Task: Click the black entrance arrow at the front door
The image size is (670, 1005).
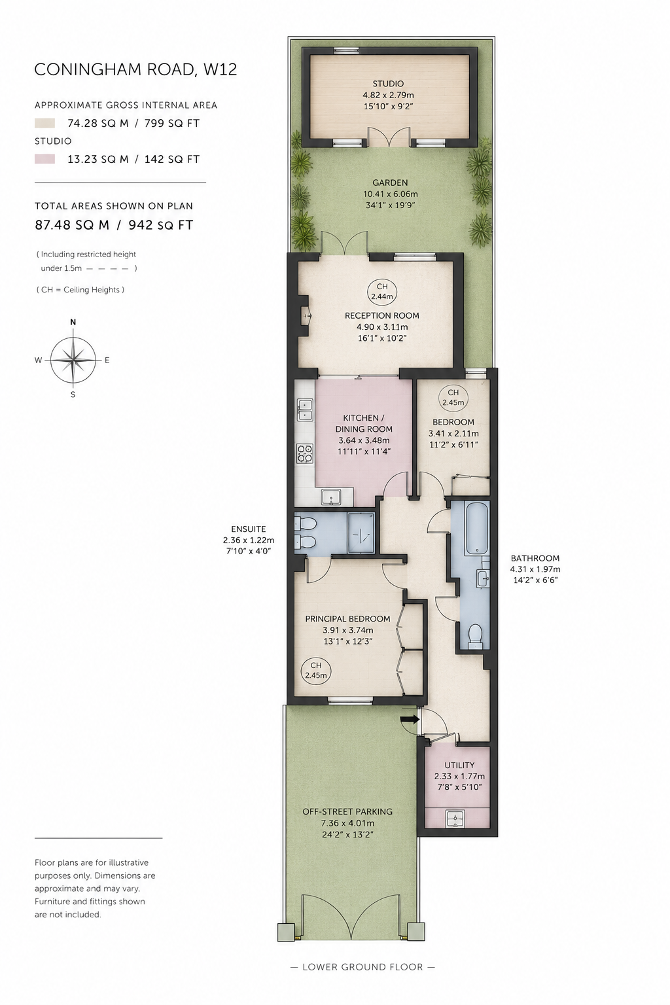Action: pyautogui.click(x=409, y=719)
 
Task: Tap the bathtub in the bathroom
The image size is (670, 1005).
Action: pyautogui.click(x=476, y=529)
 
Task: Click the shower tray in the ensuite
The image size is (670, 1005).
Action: pyautogui.click(x=361, y=533)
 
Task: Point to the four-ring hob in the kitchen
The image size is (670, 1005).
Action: pyautogui.click(x=305, y=453)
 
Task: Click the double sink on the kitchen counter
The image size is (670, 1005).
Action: pyautogui.click(x=305, y=410)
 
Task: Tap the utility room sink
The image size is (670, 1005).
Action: pyautogui.click(x=457, y=819)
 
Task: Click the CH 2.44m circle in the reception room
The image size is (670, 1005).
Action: pyautogui.click(x=382, y=291)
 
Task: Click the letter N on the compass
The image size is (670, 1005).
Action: pyautogui.click(x=73, y=322)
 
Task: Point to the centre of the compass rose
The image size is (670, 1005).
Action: pyautogui.click(x=73, y=360)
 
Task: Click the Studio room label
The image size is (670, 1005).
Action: pyautogui.click(x=388, y=84)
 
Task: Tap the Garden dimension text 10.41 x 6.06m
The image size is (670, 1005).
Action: pyautogui.click(x=391, y=194)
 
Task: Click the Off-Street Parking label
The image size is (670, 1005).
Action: pyautogui.click(x=347, y=811)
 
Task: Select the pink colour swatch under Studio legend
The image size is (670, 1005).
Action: pyautogui.click(x=45, y=159)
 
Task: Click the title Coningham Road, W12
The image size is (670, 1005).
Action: pyautogui.click(x=135, y=69)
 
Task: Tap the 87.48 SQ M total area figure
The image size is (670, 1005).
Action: pyautogui.click(x=72, y=225)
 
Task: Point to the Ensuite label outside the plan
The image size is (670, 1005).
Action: pyautogui.click(x=248, y=529)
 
